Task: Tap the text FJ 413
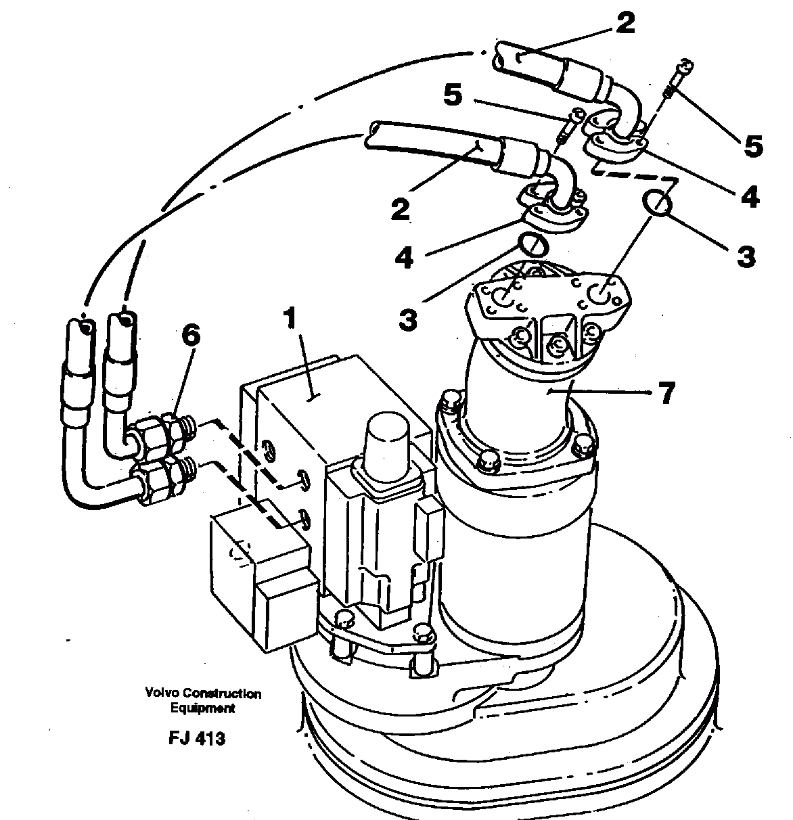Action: point(197,738)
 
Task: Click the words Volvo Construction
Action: point(202,693)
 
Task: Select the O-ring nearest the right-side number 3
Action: point(658,203)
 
